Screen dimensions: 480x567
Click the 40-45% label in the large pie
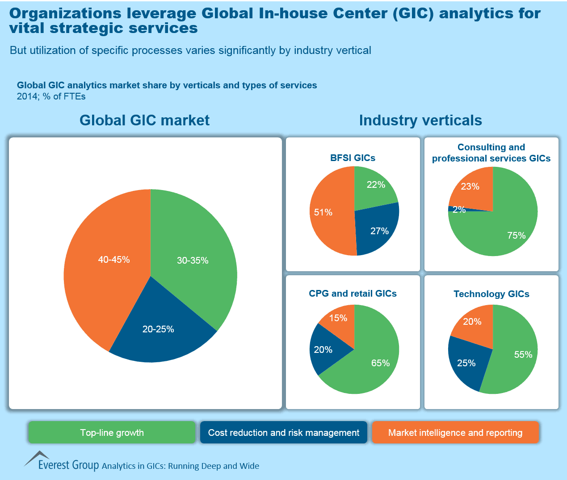tap(114, 259)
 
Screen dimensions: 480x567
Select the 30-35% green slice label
tap(193, 261)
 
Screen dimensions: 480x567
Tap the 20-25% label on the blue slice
tap(158, 329)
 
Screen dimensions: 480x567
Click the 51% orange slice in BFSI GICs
tap(323, 212)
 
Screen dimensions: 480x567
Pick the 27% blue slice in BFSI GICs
tap(379, 231)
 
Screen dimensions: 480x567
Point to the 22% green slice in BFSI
tap(376, 185)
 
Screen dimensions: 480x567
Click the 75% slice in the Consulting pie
tap(516, 235)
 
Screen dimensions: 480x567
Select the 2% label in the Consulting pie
tap(459, 210)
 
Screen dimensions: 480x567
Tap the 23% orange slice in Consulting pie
tap(470, 186)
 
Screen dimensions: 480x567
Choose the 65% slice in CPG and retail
tap(380, 363)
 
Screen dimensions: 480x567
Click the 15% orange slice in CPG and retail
tap(338, 318)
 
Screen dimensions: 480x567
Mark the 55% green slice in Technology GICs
tap(523, 355)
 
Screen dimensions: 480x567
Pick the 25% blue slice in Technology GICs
tap(466, 363)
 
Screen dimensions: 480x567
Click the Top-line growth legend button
tap(112, 432)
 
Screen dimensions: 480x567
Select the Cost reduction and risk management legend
tap(284, 432)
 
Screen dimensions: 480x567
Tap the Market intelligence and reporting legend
tap(455, 432)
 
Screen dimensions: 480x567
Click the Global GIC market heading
tap(144, 120)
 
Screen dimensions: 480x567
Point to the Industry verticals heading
tap(420, 120)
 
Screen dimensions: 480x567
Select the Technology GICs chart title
tap(491, 294)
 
